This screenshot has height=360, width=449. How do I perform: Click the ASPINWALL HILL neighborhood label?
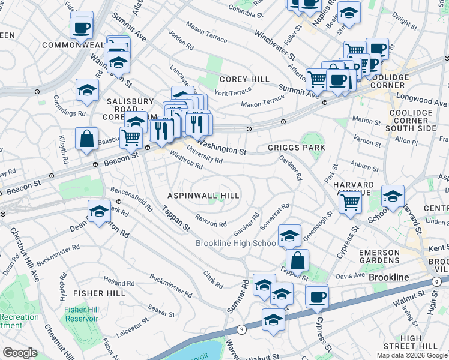(x=203, y=196)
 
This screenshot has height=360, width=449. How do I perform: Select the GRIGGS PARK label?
(x=297, y=148)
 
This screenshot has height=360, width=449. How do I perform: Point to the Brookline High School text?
(x=237, y=243)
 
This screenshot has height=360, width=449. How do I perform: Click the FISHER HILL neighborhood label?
(x=99, y=293)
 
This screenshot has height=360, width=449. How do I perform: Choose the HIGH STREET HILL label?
(x=419, y=342)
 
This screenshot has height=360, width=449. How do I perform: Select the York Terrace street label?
(x=233, y=92)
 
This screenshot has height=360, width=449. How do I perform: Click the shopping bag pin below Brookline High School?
(x=297, y=261)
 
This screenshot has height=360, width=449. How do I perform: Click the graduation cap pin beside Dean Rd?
(x=99, y=211)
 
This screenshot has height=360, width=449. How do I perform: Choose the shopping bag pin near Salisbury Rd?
(x=87, y=139)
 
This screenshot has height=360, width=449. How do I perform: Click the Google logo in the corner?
(x=20, y=353)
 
